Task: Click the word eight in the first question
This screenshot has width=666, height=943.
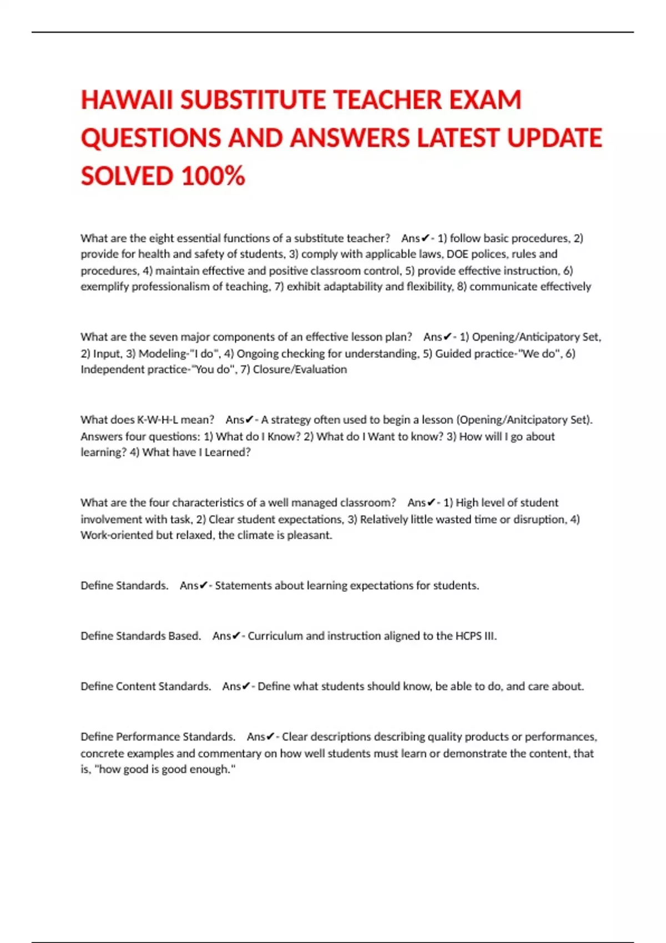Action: [162, 239]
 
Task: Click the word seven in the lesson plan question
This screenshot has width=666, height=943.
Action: [164, 337]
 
